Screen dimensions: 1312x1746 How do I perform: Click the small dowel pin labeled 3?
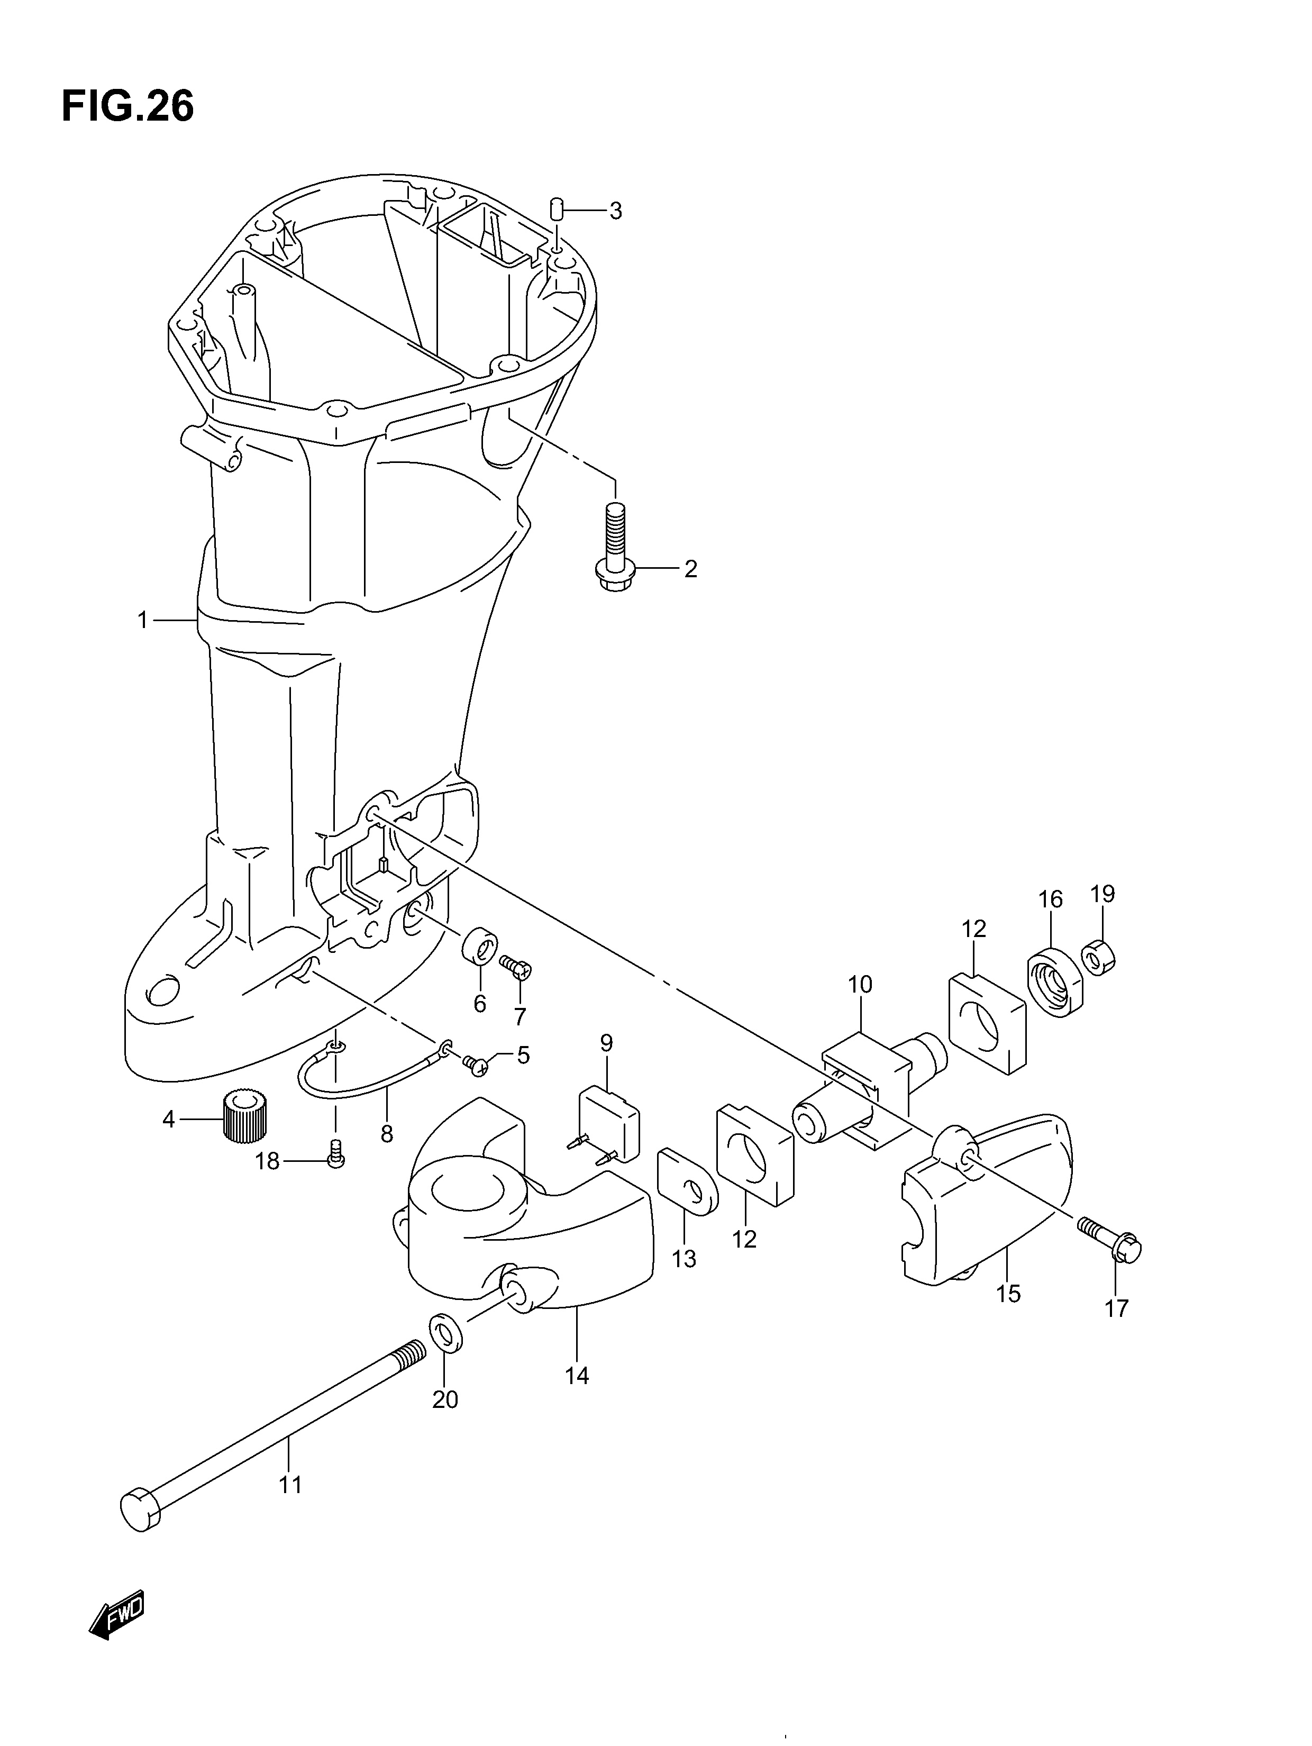coord(555,211)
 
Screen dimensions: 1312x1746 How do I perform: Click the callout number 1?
coord(143,621)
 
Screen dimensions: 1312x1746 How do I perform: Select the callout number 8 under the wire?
coord(386,1134)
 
